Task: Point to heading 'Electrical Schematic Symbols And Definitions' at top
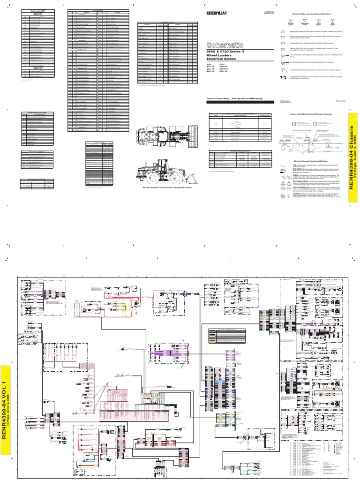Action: pos(312,15)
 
